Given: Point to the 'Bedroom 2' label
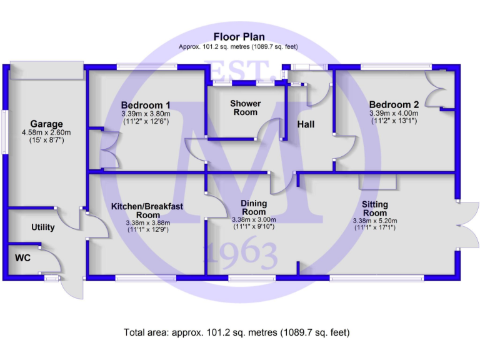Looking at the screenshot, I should coord(394,104).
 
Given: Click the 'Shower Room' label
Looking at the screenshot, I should coord(245,107).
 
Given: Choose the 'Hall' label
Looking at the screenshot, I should coord(306,124).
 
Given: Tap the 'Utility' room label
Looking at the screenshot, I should coord(43,227).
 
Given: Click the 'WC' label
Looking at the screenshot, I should coord(24,257).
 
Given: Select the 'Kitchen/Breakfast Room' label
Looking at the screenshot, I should coord(146,210).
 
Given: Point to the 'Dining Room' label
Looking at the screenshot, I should coord(253,207).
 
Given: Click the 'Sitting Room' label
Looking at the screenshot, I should coord(375,209).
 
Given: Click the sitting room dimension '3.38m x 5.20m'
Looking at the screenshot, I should coord(375,220).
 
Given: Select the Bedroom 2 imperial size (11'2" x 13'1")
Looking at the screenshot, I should coord(394,121).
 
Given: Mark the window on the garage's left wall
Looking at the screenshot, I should coord(4,131).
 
